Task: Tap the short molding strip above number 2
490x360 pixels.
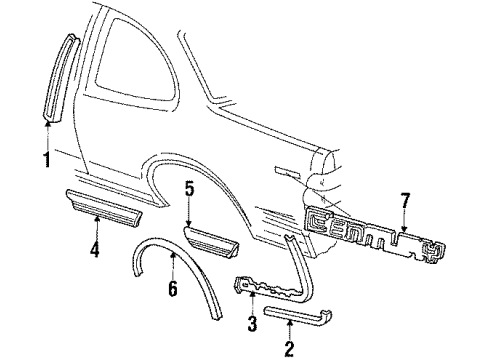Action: pos(300,318)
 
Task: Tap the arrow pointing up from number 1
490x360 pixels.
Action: pos(47,138)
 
